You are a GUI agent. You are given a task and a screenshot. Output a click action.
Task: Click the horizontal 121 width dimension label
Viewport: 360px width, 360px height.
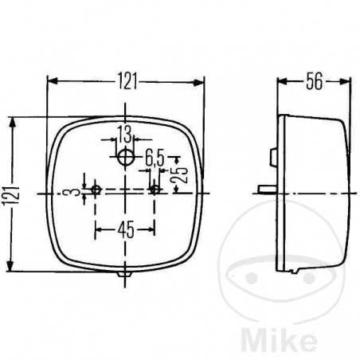pyautogui.click(x=127, y=81)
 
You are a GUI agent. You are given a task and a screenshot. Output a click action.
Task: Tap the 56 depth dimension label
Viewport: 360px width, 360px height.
pyautogui.click(x=315, y=81)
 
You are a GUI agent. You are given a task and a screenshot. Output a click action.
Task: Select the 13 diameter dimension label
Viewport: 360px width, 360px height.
pyautogui.click(x=124, y=134)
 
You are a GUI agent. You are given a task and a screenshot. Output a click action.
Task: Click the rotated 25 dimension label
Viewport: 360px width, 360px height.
pyautogui.click(x=179, y=175)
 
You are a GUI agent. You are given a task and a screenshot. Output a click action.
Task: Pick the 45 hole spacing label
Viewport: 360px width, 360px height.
pyautogui.click(x=126, y=230)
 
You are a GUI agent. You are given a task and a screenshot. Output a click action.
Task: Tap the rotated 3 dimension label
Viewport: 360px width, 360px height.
pyautogui.click(x=75, y=192)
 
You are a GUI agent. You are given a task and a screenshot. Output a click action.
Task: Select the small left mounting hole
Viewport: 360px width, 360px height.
pyautogui.click(x=96, y=190)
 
